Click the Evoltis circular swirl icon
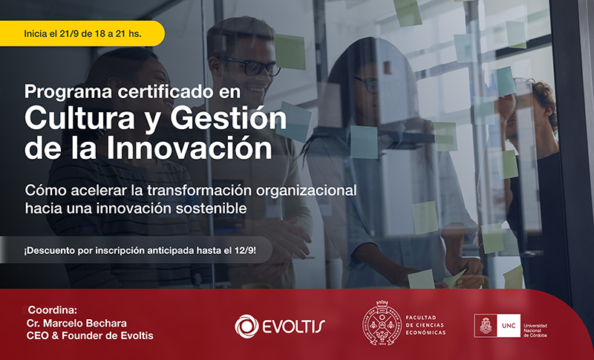tap(247, 325)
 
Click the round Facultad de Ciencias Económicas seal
tap(382, 324)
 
